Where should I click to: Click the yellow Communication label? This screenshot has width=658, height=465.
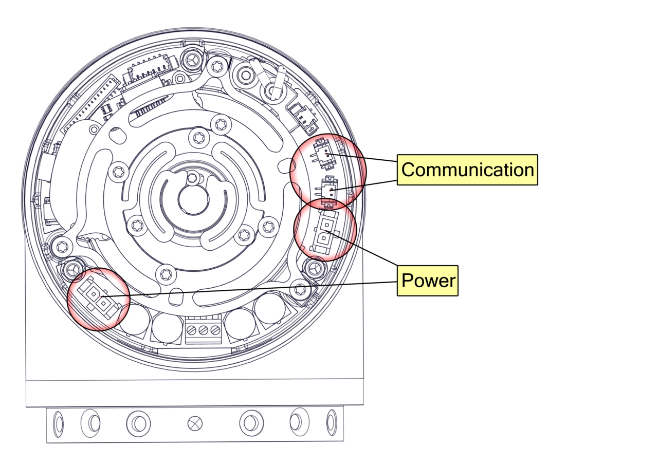click(467, 170)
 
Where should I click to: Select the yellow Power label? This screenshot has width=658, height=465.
click(428, 281)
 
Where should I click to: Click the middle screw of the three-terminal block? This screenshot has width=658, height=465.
click(203, 328)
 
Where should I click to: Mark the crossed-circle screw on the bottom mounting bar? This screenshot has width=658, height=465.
click(195, 424)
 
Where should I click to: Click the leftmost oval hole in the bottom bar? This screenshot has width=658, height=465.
click(59, 424)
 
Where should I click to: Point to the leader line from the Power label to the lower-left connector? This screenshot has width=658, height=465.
click(247, 289)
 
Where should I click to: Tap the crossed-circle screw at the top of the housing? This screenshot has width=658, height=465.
click(192, 60)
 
